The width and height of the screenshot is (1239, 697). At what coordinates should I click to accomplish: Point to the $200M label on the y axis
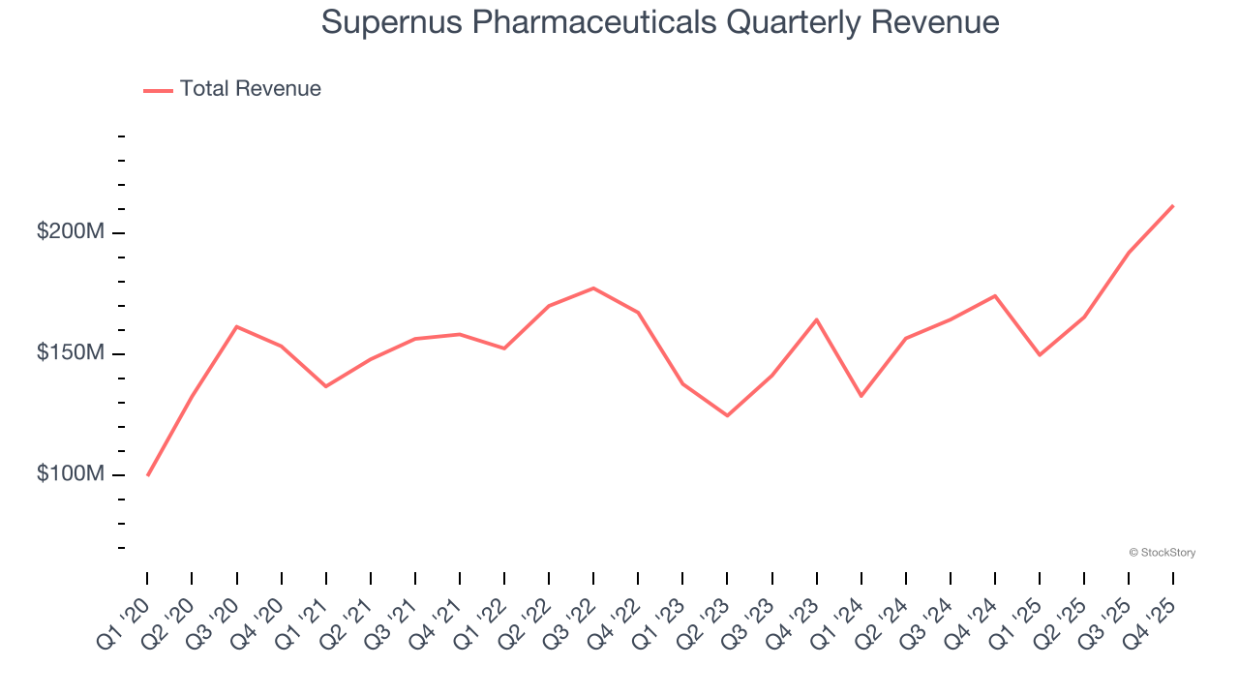[x=71, y=232]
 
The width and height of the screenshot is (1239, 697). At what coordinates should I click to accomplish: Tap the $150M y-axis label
[x=71, y=353]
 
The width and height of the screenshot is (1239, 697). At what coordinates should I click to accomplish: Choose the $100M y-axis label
[x=71, y=474]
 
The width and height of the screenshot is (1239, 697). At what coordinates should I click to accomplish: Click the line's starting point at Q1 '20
[x=147, y=475]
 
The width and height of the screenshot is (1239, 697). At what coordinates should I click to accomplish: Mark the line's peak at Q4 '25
[x=1173, y=205]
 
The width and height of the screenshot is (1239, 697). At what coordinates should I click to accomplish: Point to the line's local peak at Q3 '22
[x=593, y=288]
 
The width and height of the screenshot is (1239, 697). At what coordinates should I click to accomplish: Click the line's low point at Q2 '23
[x=727, y=415]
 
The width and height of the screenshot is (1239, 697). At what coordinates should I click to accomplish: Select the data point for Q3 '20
[x=236, y=326]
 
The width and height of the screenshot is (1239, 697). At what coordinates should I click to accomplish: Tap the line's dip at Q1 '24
[x=861, y=396]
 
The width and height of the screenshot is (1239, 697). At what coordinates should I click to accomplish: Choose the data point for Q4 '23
[x=816, y=319]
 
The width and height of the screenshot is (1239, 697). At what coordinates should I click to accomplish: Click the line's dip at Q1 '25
[x=1040, y=354]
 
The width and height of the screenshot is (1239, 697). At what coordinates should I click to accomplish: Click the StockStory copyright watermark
[x=1162, y=553]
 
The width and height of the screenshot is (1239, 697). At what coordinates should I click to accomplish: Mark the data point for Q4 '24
[x=995, y=295]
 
